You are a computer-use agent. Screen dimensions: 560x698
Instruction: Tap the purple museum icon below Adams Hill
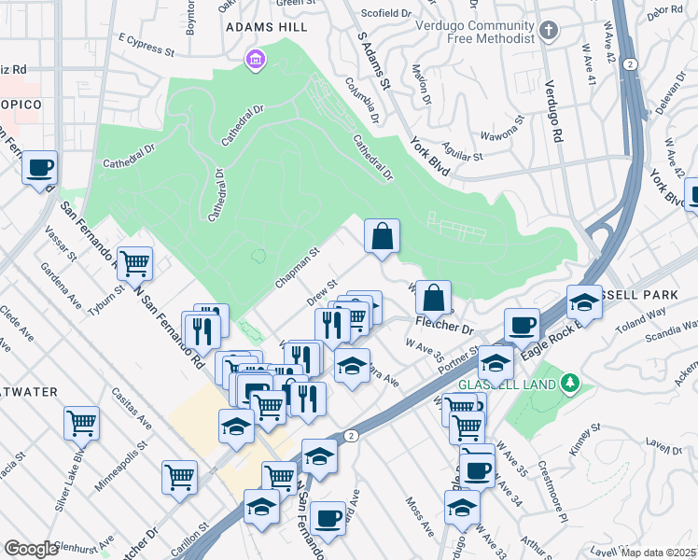254,62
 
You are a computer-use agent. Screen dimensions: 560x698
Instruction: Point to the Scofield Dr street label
386,14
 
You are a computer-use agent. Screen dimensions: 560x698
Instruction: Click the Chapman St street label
298,268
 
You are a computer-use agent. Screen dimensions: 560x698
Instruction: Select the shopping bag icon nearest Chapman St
383,237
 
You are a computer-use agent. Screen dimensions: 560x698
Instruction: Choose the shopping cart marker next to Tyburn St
134,264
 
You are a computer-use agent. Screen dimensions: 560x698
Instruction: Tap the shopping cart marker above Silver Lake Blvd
82,423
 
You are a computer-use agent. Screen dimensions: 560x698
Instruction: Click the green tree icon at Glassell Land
570,383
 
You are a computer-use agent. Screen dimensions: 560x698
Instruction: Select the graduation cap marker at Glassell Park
584,303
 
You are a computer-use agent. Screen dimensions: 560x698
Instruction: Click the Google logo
31,549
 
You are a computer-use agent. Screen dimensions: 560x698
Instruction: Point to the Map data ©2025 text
657,553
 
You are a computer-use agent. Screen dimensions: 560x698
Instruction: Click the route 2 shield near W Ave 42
632,64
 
